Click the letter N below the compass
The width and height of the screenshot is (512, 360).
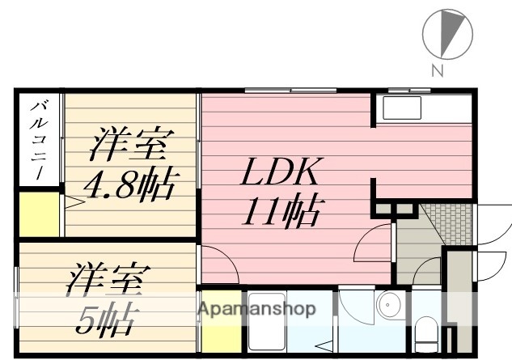pos(437,70)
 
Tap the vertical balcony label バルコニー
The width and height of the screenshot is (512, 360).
pos(38,141)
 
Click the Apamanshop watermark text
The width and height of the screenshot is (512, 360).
pos(256,308)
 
